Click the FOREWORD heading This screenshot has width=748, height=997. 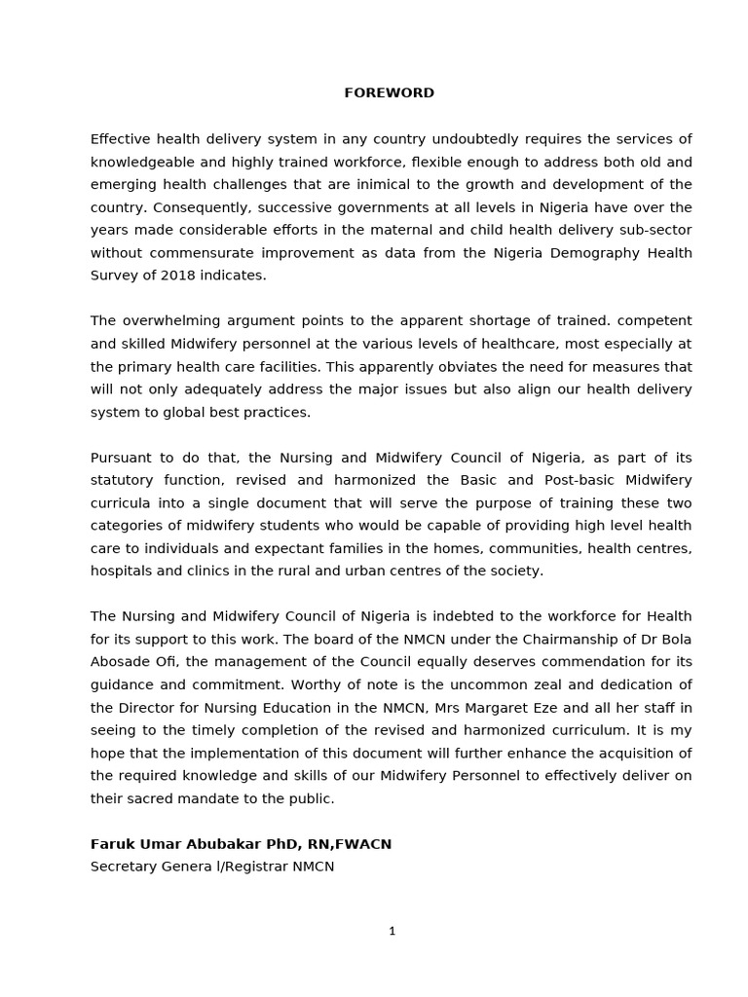pyautogui.click(x=389, y=93)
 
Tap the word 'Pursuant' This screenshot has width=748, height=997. pyautogui.click(x=120, y=458)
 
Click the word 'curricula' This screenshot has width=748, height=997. pyautogui.click(x=121, y=503)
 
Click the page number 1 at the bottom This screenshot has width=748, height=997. pyautogui.click(x=392, y=932)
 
